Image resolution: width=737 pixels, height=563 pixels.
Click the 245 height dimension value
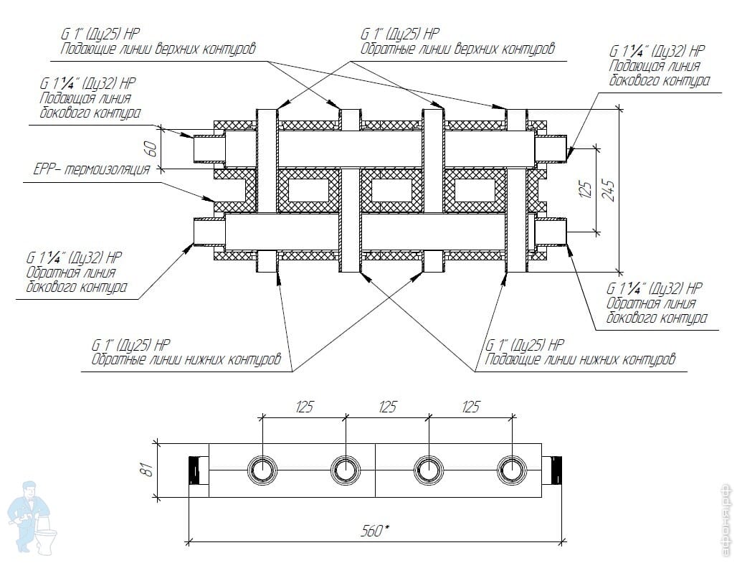tap(609, 190)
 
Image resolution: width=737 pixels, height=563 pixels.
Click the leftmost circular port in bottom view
tap(261, 470)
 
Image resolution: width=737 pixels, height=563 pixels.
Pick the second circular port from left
tap(344, 470)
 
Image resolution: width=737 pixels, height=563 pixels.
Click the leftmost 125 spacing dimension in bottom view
tap(304, 407)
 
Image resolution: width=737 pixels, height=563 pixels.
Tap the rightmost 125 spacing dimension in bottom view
tap(470, 407)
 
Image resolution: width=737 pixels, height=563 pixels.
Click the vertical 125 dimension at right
tap(586, 190)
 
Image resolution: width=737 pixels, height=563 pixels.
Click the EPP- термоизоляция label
tap(92, 170)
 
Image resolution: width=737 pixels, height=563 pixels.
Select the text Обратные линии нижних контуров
tap(186, 359)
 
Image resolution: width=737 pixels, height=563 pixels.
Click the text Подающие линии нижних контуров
tap(580, 359)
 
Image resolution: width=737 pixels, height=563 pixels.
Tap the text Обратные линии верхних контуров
tap(457, 49)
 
